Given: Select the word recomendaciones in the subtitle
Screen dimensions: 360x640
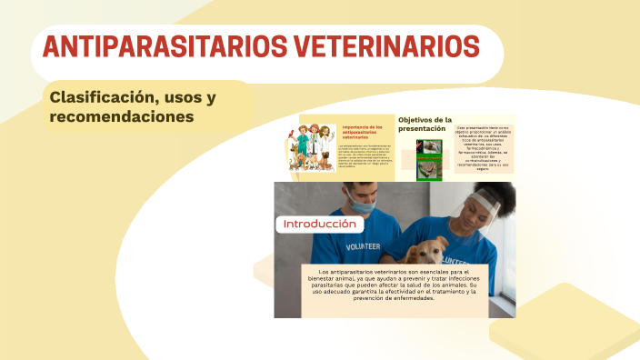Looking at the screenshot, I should (x=122, y=117).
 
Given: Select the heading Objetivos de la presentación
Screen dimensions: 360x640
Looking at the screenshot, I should (x=425, y=125).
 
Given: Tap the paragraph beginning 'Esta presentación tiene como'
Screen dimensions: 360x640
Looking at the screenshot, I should (x=485, y=148).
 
